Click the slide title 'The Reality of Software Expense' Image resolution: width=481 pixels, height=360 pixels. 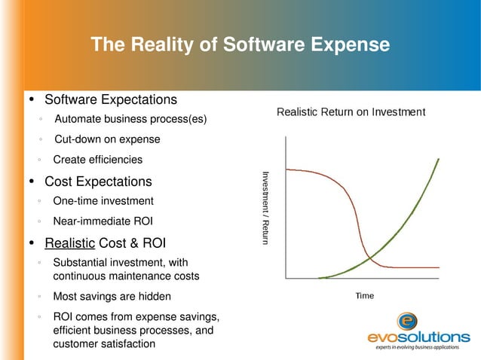point(240,45)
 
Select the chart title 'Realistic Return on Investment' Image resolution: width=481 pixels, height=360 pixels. point(351,112)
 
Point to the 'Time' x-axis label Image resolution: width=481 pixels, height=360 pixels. point(364,296)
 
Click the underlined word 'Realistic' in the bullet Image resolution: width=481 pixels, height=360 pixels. point(70,243)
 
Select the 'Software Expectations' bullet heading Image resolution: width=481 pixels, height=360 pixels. point(111,99)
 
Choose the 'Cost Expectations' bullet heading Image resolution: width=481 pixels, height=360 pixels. point(98,182)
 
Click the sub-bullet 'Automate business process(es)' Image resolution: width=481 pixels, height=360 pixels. point(130,120)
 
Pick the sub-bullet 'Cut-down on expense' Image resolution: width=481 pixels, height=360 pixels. point(107,139)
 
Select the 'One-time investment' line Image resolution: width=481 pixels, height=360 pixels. point(103,201)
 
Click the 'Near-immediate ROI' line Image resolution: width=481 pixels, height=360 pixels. point(101,222)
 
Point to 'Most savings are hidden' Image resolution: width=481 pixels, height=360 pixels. point(112,296)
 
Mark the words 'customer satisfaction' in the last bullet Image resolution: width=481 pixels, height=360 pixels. point(105,344)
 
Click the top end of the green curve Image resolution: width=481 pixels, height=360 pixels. point(440,159)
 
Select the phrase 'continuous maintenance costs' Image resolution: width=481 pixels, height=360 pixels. point(126,276)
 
